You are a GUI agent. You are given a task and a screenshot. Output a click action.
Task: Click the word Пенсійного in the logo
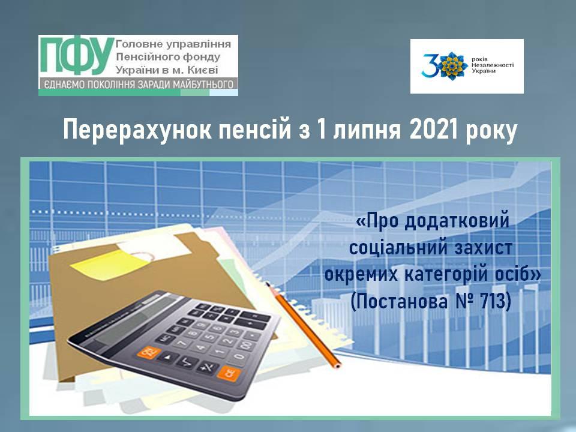[142, 57]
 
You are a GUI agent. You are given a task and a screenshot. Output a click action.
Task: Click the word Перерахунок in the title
[137, 130]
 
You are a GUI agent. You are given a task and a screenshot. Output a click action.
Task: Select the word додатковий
[457, 221]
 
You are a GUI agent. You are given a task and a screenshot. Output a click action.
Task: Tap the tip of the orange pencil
[338, 366]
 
